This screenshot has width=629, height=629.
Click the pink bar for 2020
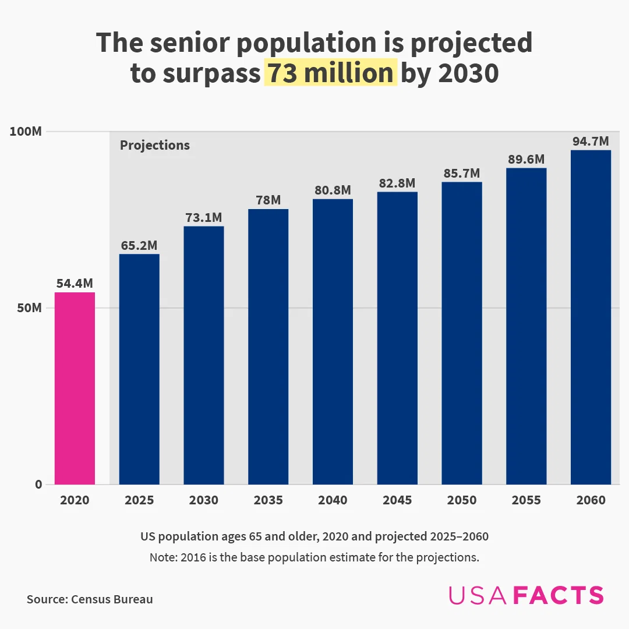(x=75, y=388)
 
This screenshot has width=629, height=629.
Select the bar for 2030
(x=204, y=355)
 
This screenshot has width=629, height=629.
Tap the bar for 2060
(x=591, y=317)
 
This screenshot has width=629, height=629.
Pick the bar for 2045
(x=397, y=338)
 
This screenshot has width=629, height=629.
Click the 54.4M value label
(x=75, y=284)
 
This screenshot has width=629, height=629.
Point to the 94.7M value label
(x=591, y=142)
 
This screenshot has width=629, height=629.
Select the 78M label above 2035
(x=268, y=200)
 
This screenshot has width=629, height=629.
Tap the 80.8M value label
(x=333, y=190)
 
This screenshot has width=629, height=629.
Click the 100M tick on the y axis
(x=26, y=132)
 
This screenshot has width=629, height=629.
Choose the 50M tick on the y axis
(x=28, y=308)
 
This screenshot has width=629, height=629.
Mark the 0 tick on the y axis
(x=38, y=485)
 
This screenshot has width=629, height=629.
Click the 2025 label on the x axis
(x=139, y=500)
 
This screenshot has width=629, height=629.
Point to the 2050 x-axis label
(x=462, y=500)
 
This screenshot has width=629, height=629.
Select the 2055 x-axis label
(x=526, y=500)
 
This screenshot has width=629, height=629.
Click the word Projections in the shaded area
(x=155, y=146)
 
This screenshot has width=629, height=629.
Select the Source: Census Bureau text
(x=90, y=599)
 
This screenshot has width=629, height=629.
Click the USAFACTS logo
(x=526, y=595)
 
